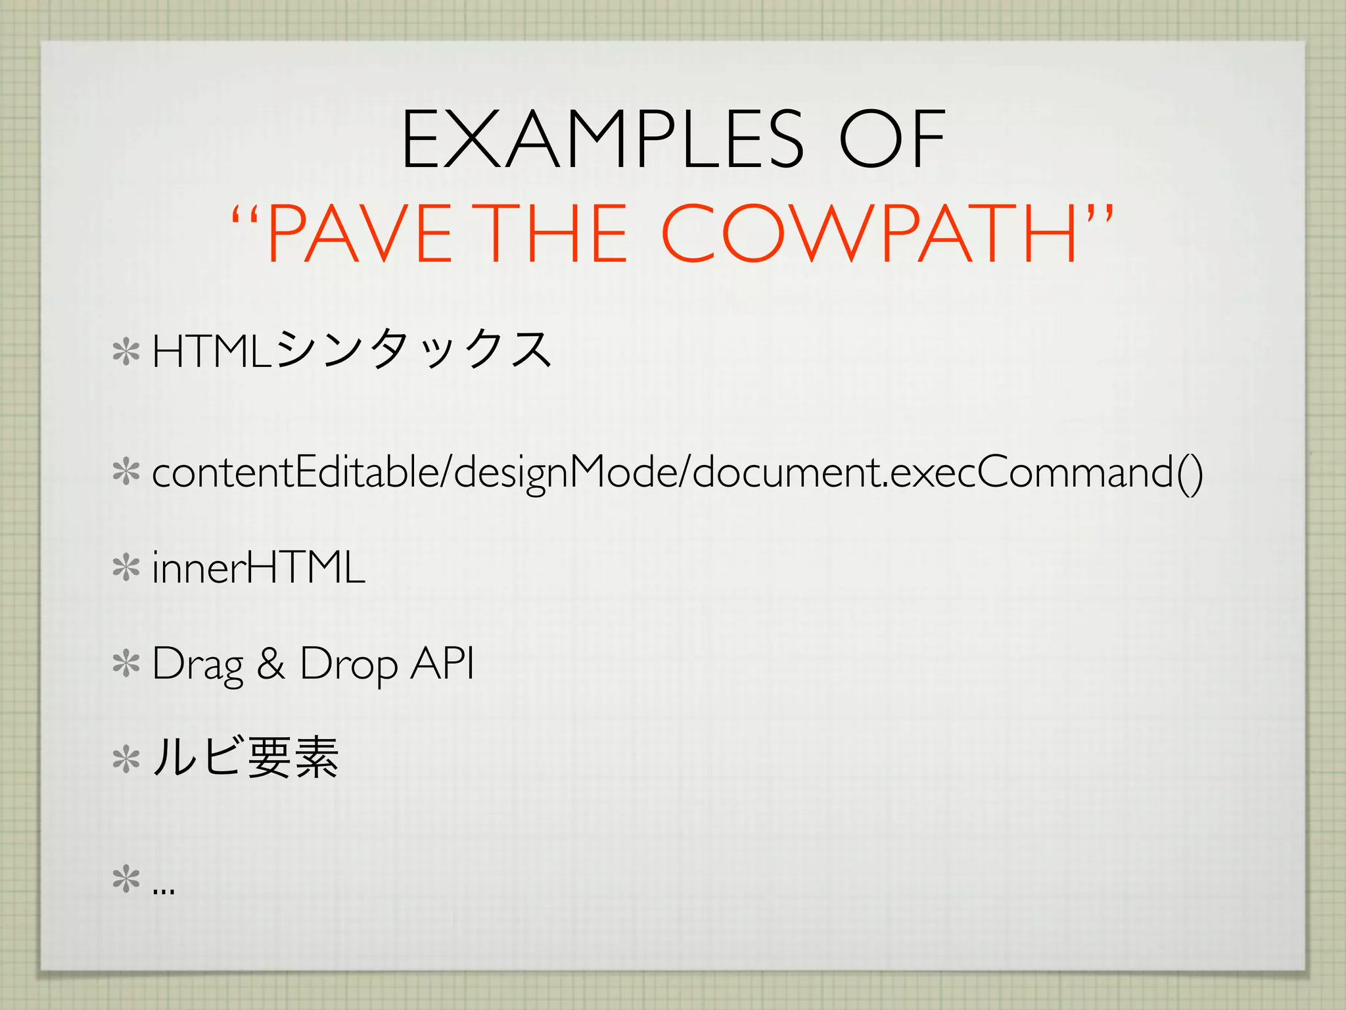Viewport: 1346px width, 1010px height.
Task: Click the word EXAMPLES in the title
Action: [602, 139]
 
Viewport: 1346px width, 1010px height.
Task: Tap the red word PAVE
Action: [360, 234]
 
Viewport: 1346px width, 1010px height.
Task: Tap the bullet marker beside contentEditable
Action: [126, 473]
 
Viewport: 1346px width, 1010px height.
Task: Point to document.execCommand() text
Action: [947, 473]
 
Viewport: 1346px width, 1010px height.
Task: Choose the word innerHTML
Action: [258, 568]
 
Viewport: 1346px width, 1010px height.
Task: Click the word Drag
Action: [197, 664]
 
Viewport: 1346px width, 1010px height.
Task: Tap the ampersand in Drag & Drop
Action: [271, 664]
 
